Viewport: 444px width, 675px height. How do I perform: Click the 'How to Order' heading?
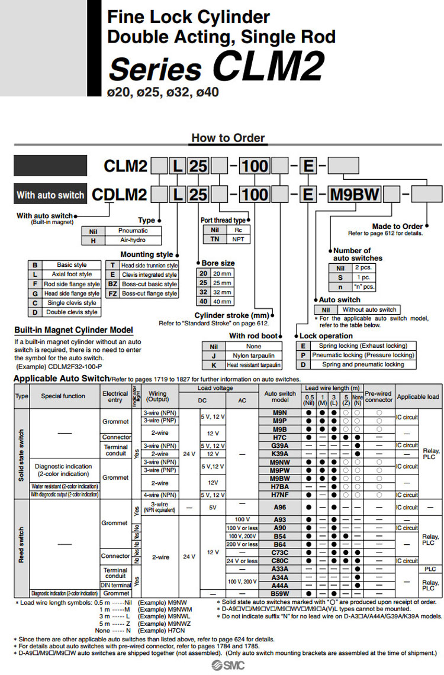click(x=227, y=138)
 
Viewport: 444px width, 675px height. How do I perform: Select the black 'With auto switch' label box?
click(x=50, y=194)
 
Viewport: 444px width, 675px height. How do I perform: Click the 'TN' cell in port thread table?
click(x=215, y=240)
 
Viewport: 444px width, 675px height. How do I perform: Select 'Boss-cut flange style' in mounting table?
click(x=149, y=293)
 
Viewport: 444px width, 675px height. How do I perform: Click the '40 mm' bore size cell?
click(x=223, y=302)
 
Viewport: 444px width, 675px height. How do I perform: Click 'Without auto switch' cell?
click(x=369, y=309)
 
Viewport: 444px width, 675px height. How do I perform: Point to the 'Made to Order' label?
click(x=397, y=226)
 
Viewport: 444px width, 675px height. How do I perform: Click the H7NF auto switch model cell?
click(x=279, y=495)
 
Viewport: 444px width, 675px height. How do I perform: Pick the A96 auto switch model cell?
click(x=279, y=507)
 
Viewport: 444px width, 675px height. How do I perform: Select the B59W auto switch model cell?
click(x=279, y=593)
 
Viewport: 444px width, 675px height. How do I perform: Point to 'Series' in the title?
click(x=155, y=69)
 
